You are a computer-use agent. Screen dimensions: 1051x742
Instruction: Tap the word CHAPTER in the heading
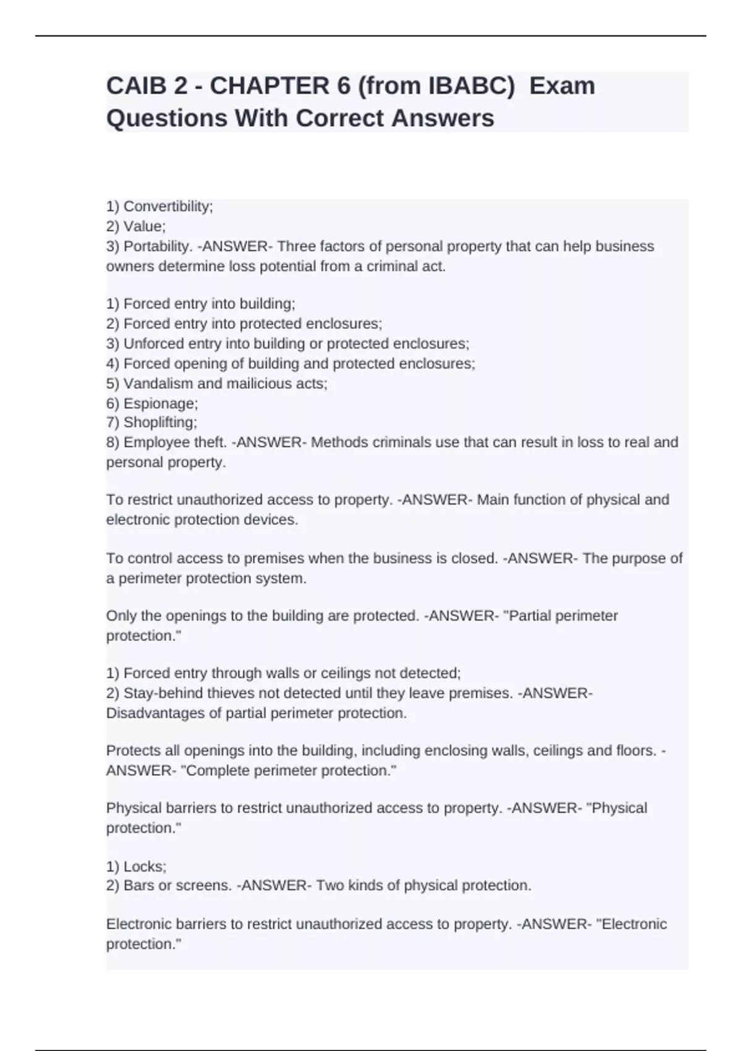coord(269,86)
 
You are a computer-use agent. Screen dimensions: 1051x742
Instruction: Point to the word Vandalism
coord(158,383)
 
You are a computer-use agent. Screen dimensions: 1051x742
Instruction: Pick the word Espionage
coord(160,404)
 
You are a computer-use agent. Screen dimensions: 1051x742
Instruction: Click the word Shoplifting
coord(160,423)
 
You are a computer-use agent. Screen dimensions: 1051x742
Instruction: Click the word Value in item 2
coord(143,226)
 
